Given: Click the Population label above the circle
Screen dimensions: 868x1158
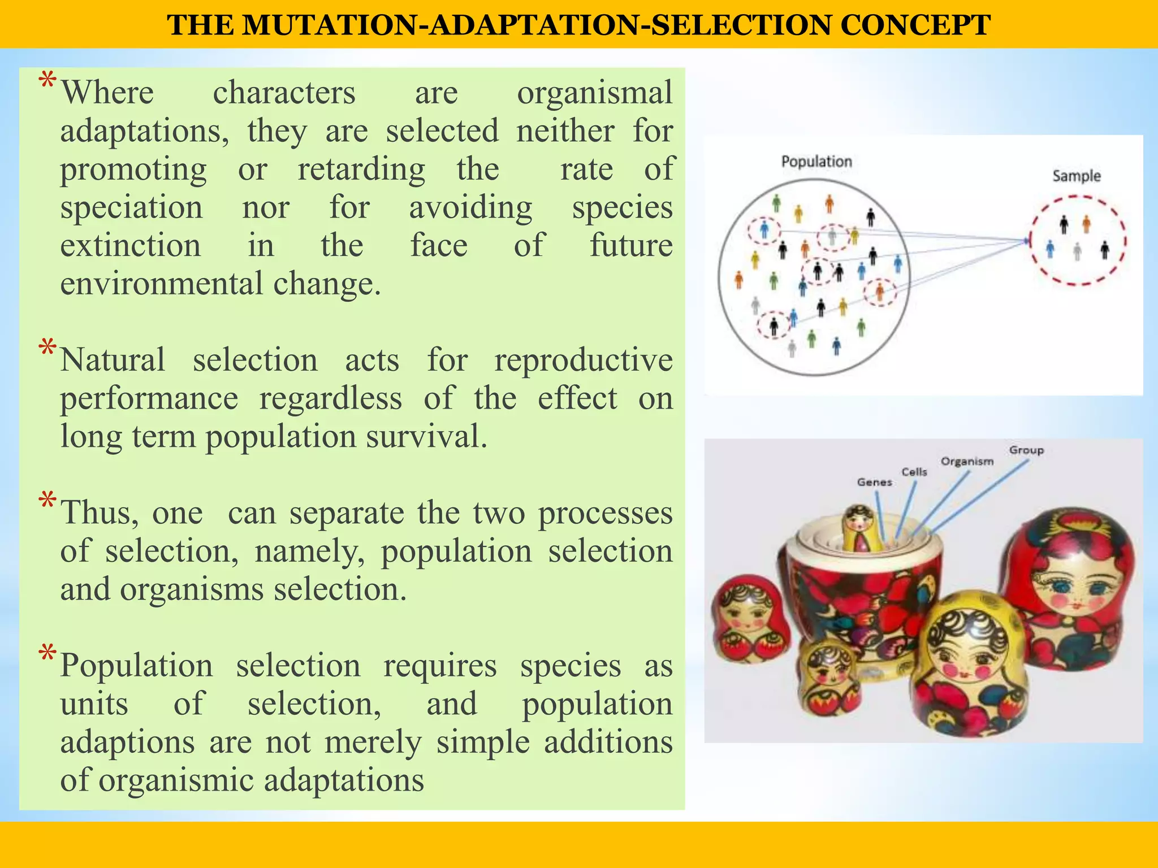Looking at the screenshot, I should (816, 162).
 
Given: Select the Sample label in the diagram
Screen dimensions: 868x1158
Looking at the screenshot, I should (1076, 176).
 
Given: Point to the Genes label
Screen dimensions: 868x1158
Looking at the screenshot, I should (874, 482).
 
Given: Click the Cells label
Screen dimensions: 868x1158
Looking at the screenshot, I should (914, 472).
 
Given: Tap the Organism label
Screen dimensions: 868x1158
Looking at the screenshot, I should (966, 461).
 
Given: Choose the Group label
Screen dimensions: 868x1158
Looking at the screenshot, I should (1026, 450).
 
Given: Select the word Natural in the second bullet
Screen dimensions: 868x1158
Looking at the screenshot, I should (113, 360).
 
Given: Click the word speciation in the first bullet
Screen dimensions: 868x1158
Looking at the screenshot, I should (131, 207).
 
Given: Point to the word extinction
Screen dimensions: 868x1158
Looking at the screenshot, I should (131, 246).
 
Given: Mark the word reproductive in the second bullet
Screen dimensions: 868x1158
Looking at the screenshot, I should (583, 360).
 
